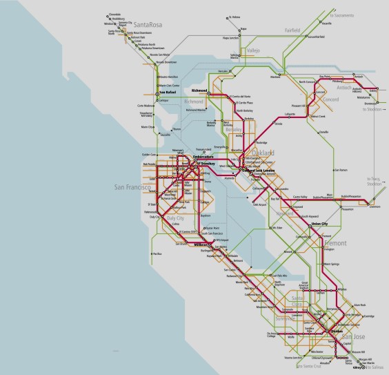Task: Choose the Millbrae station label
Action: click(x=201, y=244)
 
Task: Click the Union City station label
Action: click(x=320, y=224)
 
